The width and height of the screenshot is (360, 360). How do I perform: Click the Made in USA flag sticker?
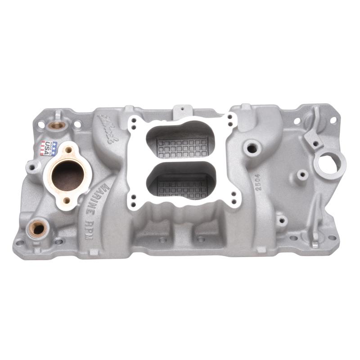(x=49, y=148)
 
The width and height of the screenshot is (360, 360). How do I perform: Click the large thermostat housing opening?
(x=68, y=175)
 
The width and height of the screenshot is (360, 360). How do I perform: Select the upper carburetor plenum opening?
(x=180, y=140)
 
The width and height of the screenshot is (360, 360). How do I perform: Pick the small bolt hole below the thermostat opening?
(x=67, y=200)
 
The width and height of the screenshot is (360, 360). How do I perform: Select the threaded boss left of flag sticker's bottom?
(x=33, y=168)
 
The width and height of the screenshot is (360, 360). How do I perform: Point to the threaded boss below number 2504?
(x=282, y=220)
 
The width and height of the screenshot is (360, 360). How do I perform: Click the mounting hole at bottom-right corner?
(x=332, y=238)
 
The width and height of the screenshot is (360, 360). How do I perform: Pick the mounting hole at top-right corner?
(x=333, y=120)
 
